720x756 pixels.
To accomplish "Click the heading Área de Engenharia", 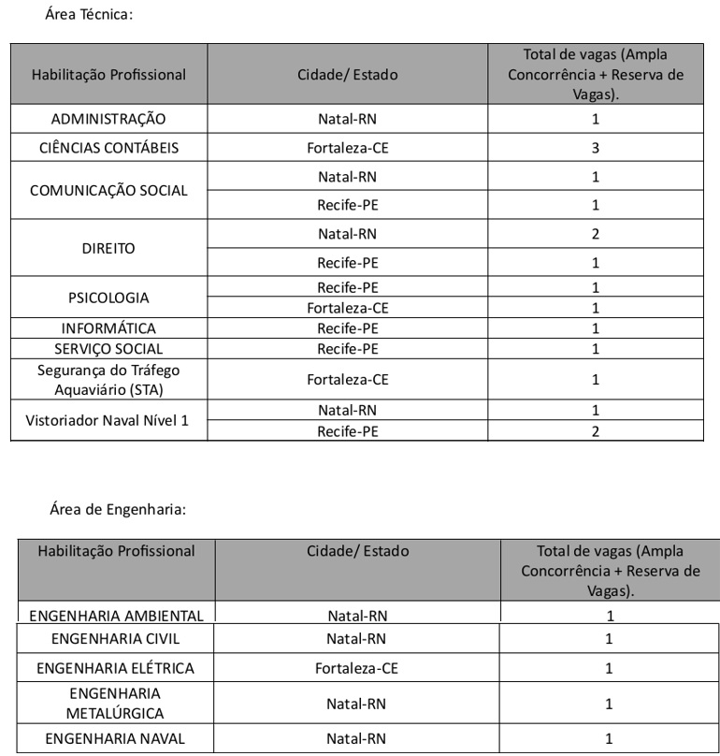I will point(118,510).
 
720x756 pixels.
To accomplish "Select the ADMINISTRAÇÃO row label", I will point(108,119).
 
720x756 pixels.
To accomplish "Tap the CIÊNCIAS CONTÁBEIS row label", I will point(108,148).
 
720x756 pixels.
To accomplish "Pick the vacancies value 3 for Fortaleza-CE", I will point(595,148).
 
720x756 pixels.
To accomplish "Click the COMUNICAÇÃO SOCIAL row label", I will point(108,190).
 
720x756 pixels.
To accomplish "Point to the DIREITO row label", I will point(108,248).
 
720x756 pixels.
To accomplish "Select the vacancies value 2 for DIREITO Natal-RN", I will point(595,234).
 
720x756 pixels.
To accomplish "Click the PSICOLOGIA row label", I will point(108,298).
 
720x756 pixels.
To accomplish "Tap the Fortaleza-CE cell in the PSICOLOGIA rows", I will point(347,308).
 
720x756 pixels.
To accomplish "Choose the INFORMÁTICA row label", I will point(108,328).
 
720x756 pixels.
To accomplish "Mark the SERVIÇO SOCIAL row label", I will point(108,349).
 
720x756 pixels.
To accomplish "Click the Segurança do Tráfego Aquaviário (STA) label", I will point(108,379).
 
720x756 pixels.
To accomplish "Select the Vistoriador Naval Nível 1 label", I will point(107,421).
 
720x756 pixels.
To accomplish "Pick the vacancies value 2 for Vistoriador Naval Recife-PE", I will point(595,431).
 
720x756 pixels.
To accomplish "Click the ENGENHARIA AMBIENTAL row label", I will point(116,616).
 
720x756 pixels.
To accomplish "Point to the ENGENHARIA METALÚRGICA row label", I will point(116,704).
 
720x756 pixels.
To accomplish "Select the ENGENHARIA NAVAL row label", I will point(116,738).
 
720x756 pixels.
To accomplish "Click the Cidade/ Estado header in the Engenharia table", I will point(357,551).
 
